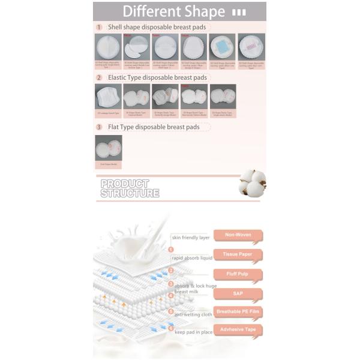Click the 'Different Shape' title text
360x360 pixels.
pyautogui.click(x=174, y=11)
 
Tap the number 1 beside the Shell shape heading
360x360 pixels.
pyautogui.click(x=99, y=27)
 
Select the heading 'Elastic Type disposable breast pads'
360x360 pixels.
pyautogui.click(x=157, y=77)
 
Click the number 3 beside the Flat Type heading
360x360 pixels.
pyautogui.click(x=99, y=127)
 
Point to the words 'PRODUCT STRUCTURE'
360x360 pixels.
pyautogui.click(x=130, y=188)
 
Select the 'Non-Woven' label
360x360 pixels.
pyautogui.click(x=238, y=235)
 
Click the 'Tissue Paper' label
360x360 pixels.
pyautogui.click(x=238, y=254)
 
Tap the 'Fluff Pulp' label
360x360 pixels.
pyautogui.click(x=238, y=274)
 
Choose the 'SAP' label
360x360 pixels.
pyautogui.click(x=238, y=293)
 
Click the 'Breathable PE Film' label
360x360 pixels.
pyautogui.click(x=238, y=312)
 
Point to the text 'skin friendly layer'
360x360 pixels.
pyautogui.click(x=190, y=238)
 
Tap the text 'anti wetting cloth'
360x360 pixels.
pyautogui.click(x=193, y=314)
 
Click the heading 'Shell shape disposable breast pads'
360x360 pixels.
pyautogui.click(x=158, y=27)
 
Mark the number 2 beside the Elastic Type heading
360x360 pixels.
pyautogui.click(x=99, y=77)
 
